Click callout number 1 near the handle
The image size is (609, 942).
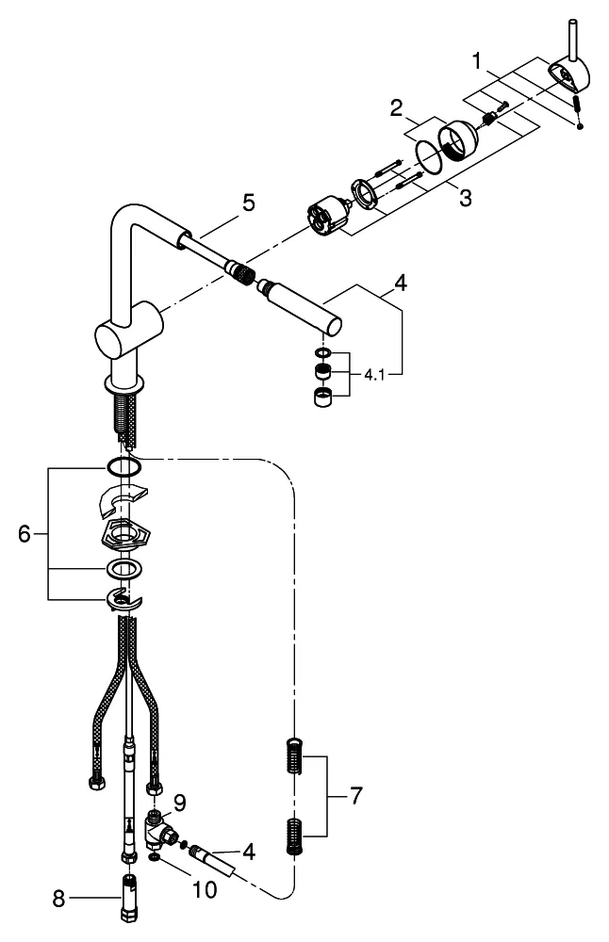pos(480,62)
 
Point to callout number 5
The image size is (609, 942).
pos(248,203)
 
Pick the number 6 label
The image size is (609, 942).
pos(25,534)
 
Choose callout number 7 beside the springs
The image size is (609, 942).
pos(354,797)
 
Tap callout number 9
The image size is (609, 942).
pos(179,803)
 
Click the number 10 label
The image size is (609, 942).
pos(205,888)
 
